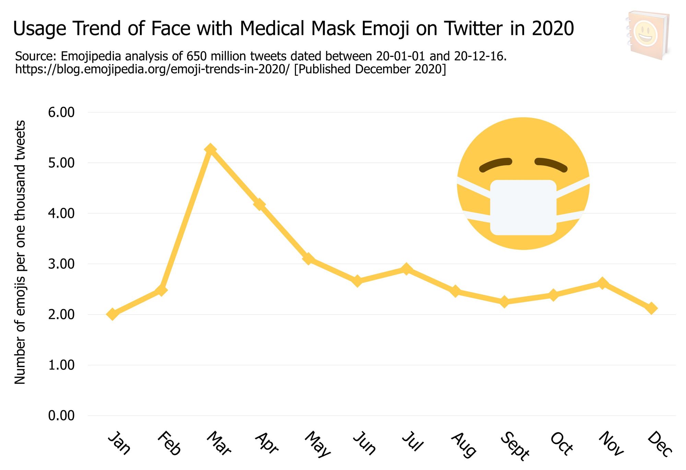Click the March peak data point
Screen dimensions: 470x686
click(x=210, y=149)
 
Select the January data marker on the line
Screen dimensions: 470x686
click(x=113, y=314)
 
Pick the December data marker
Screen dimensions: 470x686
click(x=652, y=308)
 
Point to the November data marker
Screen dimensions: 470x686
click(x=602, y=283)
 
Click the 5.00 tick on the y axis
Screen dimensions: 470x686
click(x=61, y=163)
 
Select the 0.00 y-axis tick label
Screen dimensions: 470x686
click(x=61, y=415)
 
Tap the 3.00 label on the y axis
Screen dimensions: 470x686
click(x=61, y=264)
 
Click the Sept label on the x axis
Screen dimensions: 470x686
click(x=514, y=446)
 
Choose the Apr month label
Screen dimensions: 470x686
click(x=267, y=443)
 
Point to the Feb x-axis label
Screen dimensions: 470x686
click(x=169, y=443)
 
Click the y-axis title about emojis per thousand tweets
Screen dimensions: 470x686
click(x=20, y=252)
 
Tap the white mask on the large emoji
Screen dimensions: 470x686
click(x=523, y=207)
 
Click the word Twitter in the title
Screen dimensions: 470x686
click(x=474, y=28)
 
